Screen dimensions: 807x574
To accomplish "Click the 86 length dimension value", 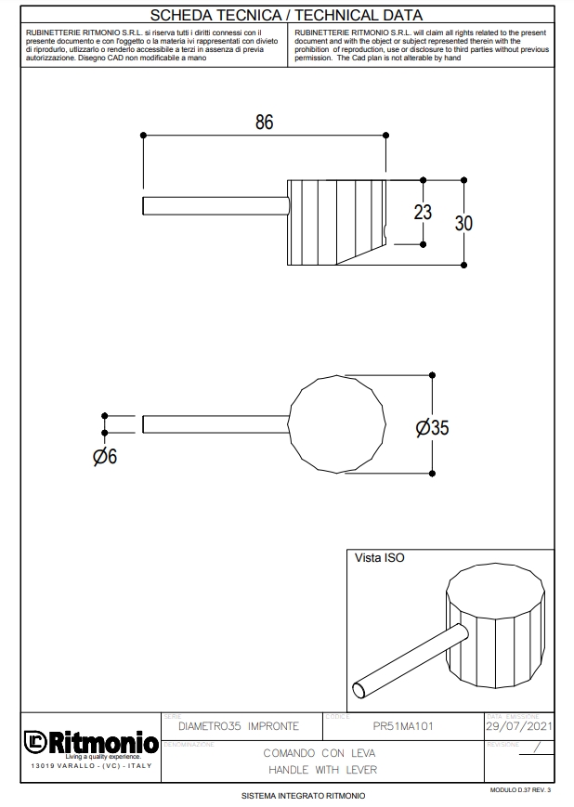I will tap(265, 122).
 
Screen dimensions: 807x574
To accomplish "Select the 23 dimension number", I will tap(423, 212).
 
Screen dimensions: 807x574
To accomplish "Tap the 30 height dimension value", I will tap(463, 223).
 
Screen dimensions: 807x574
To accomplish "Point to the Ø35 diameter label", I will tap(433, 428).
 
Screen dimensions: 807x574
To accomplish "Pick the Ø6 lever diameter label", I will tap(105, 457).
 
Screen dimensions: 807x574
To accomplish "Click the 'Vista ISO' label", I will tap(380, 558).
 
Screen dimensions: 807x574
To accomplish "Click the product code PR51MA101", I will tap(403, 726).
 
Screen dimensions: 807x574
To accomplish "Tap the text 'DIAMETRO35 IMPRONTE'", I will tap(238, 726).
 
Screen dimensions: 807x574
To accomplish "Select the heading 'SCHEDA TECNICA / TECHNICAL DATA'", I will tap(286, 15).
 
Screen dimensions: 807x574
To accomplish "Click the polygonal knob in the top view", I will tap(337, 423).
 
